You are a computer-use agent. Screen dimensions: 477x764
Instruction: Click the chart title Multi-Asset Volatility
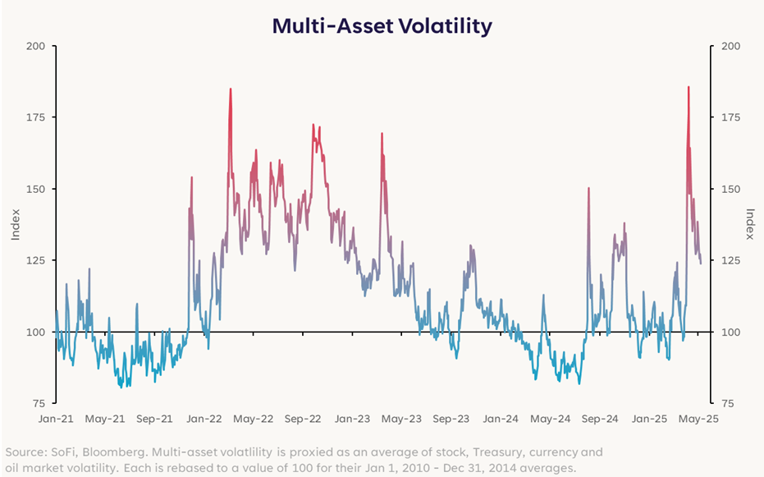(382, 25)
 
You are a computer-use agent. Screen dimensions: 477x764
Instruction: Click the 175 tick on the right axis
(729, 117)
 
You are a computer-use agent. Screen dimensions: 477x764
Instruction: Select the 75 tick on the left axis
(38, 403)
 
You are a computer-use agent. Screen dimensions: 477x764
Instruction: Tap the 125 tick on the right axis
(729, 260)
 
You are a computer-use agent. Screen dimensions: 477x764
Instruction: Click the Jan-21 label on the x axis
(56, 419)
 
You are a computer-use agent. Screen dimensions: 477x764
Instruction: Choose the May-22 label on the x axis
(253, 419)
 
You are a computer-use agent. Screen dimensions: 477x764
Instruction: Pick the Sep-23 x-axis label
(451, 419)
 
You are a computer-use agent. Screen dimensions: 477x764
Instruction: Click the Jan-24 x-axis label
(501, 419)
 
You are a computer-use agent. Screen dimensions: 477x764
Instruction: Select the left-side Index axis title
(16, 224)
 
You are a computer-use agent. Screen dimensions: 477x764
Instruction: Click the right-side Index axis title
(749, 224)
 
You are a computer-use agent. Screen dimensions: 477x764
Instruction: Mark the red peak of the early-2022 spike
(230, 89)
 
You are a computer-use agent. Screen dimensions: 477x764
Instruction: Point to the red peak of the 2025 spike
(689, 87)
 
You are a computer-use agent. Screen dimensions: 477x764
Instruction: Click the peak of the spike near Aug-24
(588, 189)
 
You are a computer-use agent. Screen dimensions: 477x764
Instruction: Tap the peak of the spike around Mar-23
(382, 134)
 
